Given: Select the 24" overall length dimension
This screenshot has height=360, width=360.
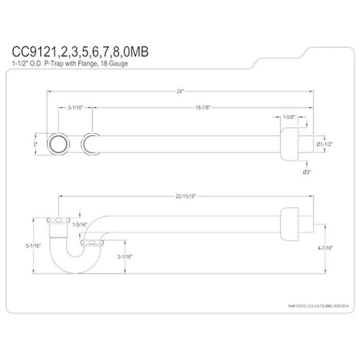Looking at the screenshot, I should [x=179, y=91].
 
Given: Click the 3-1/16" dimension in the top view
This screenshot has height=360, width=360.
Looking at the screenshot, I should [x=75, y=109].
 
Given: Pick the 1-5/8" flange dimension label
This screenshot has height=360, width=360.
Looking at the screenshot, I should [x=289, y=117].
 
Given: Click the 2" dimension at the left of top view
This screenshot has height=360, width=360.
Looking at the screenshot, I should [x=36, y=144].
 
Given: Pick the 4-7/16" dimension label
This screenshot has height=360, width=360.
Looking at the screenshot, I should [x=325, y=248].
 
